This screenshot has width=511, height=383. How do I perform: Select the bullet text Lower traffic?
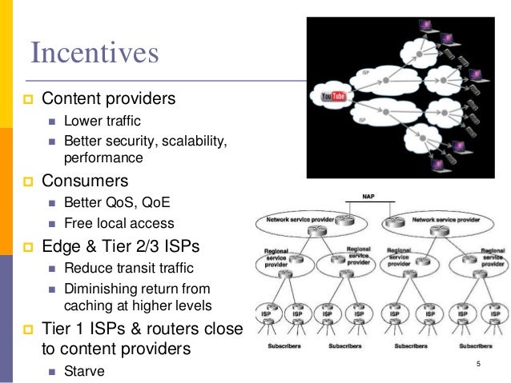[102, 122]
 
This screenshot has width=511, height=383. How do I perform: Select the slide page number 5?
[478, 365]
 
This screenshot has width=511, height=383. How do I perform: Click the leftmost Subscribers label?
[283, 348]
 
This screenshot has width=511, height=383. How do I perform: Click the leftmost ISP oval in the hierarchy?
[267, 314]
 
